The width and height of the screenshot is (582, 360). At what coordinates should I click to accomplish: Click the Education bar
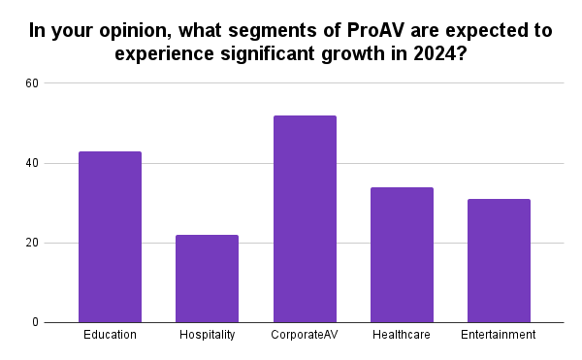pos(110,237)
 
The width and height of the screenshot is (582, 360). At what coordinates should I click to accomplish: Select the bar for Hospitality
pos(207,278)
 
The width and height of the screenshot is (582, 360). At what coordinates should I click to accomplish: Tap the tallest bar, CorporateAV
pos(305,219)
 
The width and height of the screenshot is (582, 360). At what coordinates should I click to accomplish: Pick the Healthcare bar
pos(402,255)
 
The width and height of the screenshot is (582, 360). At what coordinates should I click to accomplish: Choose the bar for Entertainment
pos(499,261)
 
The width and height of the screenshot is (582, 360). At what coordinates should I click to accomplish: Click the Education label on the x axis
pos(110,335)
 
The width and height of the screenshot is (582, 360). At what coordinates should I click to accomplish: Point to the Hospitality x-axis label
pos(207,335)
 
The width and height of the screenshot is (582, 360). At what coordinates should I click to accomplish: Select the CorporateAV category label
pos(305,335)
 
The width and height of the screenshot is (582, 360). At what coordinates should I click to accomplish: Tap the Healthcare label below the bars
pos(402,335)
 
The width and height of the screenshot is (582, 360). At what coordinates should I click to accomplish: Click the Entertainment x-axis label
pos(499,335)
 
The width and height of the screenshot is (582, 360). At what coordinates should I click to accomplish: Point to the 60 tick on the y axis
pos(59,83)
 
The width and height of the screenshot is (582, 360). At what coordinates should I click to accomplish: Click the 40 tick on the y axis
pos(59,163)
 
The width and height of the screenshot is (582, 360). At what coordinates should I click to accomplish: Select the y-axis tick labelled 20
pos(59,243)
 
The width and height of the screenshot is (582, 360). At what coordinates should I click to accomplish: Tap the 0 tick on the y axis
pos(62,322)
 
